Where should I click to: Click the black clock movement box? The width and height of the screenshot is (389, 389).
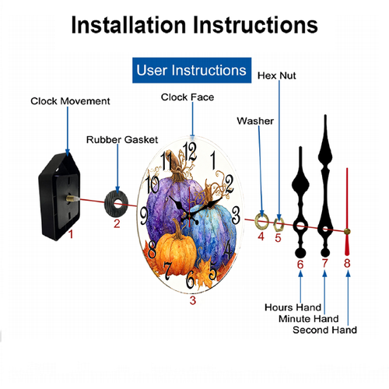(x=59, y=197)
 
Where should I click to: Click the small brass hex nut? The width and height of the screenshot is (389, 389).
(x=279, y=224)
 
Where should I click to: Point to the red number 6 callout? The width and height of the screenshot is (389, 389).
(x=300, y=265)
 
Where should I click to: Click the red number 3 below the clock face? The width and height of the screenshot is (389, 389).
(x=193, y=300)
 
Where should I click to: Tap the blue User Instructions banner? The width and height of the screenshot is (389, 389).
(x=191, y=70)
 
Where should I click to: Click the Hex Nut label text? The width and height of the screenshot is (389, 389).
(x=277, y=75)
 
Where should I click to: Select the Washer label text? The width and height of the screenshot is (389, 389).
(x=255, y=121)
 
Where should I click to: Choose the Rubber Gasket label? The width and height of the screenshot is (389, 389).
(x=122, y=140)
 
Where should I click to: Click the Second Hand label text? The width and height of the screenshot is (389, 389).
(x=324, y=330)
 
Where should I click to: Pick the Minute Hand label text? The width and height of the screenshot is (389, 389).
(x=309, y=318)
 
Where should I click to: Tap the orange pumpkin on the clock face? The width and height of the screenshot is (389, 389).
(x=176, y=255)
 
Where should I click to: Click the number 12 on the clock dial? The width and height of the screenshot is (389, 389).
(x=190, y=152)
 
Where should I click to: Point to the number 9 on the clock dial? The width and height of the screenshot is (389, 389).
(x=144, y=216)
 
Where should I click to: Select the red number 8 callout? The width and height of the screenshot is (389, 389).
(x=347, y=263)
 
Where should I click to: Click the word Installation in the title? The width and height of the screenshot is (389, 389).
(x=128, y=25)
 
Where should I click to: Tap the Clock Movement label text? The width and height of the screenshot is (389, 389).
(x=70, y=101)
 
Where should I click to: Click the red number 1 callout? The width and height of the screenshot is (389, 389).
(x=71, y=234)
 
